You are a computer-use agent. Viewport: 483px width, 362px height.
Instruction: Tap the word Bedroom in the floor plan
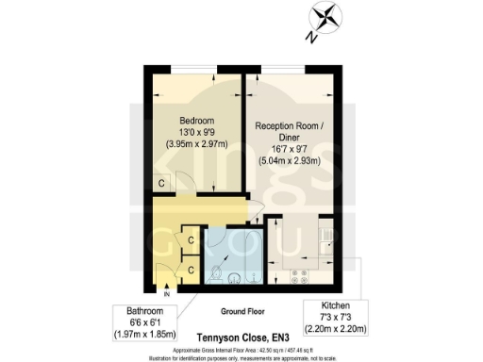[x=198, y=121]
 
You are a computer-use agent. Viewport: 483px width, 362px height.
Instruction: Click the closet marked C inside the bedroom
[x=162, y=183]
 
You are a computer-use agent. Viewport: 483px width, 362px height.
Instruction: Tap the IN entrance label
[x=166, y=295]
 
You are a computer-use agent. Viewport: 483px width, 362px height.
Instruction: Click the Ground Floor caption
[x=241, y=309]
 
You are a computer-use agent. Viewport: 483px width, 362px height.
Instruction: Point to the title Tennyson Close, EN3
[x=241, y=334]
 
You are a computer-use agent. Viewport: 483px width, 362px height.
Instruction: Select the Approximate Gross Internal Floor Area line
[x=241, y=348]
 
